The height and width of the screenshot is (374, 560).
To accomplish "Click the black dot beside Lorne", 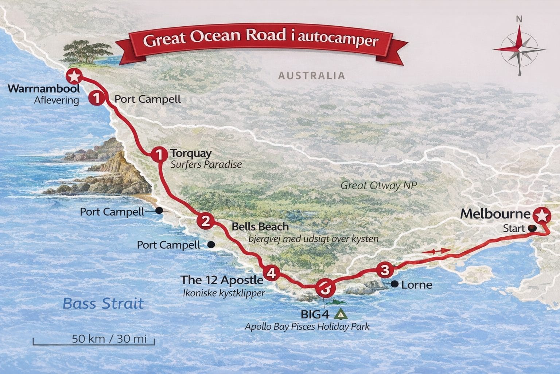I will [x=394, y=283].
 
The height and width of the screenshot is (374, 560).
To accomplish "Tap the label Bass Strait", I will [x=103, y=304].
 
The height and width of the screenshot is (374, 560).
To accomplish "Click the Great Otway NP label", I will [x=378, y=186].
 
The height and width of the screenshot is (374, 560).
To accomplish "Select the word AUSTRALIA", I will [x=311, y=76].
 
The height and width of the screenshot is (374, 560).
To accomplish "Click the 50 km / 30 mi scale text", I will [x=109, y=338].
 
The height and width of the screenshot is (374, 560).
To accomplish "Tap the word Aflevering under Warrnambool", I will [x=57, y=100].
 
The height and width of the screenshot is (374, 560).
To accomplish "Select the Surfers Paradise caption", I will [x=206, y=164].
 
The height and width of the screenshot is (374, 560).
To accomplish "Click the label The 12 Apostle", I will [x=222, y=280].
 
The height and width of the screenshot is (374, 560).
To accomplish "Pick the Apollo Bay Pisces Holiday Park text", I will [x=307, y=326].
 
